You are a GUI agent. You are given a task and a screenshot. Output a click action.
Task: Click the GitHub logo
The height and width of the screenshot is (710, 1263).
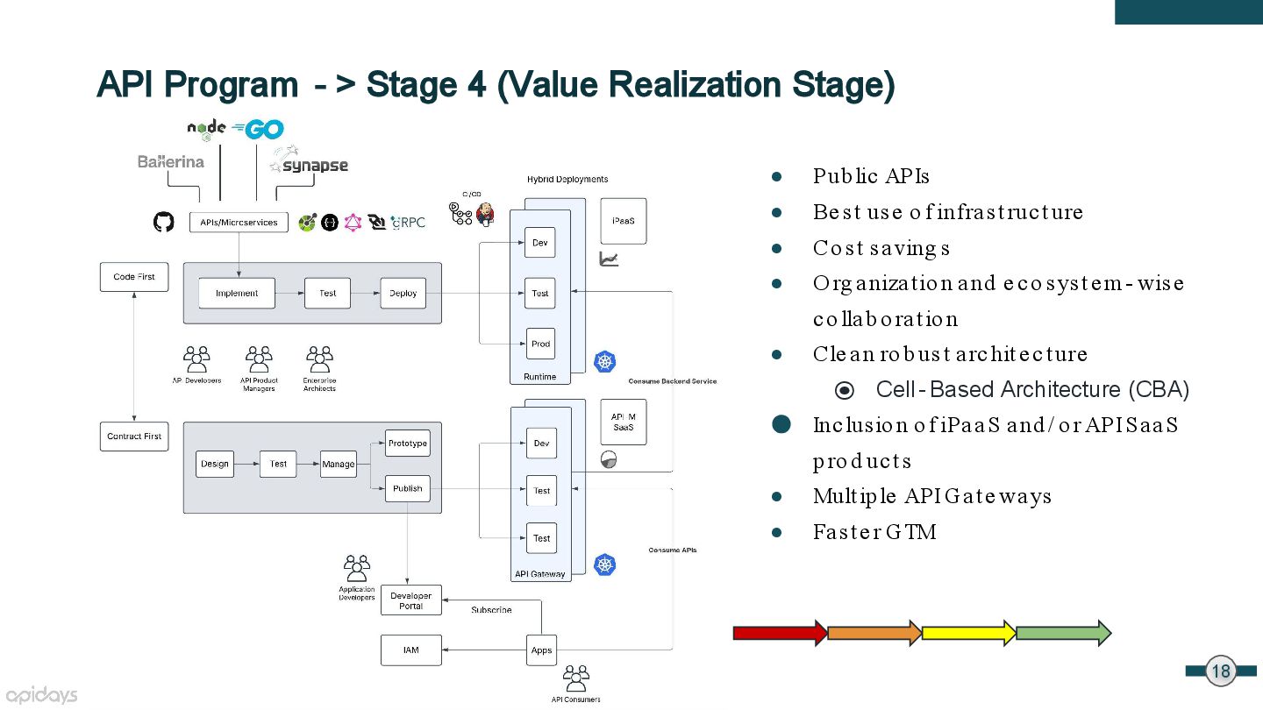[x=163, y=222]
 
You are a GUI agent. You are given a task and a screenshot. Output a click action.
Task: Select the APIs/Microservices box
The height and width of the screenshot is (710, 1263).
[x=239, y=222]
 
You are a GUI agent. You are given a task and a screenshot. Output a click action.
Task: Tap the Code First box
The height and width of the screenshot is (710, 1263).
[x=134, y=277]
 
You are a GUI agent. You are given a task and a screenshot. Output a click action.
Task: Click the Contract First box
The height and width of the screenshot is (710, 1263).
[x=134, y=437]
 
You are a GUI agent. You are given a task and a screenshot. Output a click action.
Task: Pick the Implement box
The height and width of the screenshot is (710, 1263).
[x=237, y=293]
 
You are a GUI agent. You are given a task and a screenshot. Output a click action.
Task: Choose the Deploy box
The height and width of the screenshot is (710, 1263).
[x=403, y=293]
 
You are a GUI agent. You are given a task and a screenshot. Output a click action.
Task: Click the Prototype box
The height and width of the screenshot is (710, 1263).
[x=408, y=443]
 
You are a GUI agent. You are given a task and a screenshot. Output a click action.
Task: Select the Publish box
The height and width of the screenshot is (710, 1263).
[x=408, y=488]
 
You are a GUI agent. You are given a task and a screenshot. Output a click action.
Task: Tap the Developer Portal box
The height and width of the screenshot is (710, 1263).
[x=411, y=600]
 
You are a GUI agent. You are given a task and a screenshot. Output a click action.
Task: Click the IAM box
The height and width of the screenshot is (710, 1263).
[x=411, y=650]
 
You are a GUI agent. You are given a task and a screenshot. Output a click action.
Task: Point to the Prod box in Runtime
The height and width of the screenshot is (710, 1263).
[x=540, y=344]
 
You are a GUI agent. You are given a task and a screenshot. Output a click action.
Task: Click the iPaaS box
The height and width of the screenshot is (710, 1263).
[x=624, y=221]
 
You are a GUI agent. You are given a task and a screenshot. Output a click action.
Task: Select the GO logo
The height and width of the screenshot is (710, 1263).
[x=258, y=129]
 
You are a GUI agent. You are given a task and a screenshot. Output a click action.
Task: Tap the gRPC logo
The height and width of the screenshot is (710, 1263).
[x=408, y=223]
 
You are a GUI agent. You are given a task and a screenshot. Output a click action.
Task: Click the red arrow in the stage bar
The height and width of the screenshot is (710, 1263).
[x=780, y=633]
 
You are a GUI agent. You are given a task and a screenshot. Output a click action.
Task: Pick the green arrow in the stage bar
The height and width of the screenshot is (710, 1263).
[x=1064, y=633]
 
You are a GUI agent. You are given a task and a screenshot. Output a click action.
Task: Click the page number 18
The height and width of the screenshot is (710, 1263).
[x=1221, y=671]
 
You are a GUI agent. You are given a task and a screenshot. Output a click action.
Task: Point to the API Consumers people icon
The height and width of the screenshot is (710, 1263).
[x=576, y=678]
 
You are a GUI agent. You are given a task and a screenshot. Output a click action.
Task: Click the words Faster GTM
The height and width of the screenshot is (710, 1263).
[x=874, y=532]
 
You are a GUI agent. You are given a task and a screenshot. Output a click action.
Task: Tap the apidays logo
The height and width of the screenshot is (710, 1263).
[x=41, y=695]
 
